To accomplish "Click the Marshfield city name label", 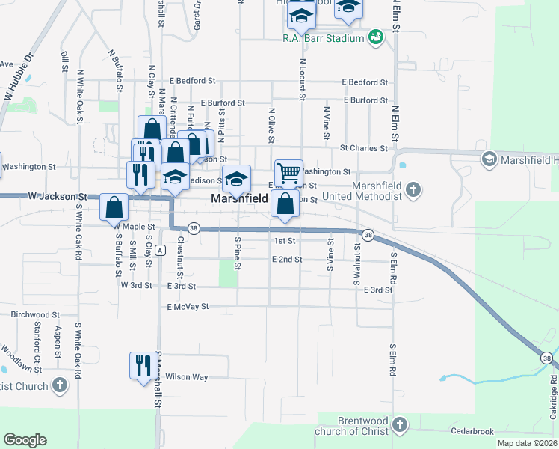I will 237,199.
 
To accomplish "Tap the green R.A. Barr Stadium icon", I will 377,37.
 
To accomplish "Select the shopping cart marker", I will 288,174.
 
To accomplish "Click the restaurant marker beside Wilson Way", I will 142,366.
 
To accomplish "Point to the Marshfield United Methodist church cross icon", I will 412,191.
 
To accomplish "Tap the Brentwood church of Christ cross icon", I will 400,425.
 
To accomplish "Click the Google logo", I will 25,440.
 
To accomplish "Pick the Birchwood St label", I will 36,315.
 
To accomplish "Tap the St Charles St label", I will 364,148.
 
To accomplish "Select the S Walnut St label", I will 356,266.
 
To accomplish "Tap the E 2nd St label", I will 287,259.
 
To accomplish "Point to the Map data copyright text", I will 525,443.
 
